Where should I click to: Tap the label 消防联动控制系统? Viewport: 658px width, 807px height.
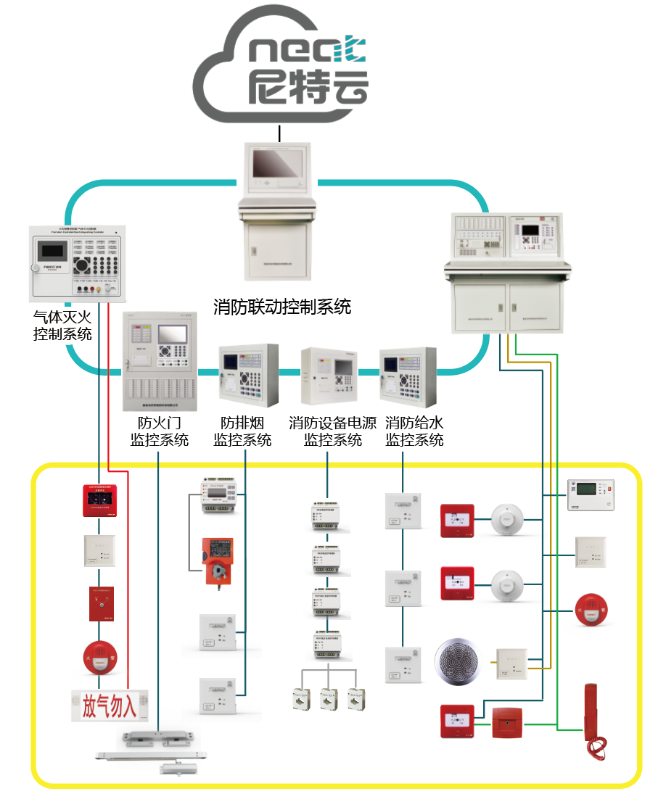click(282, 307)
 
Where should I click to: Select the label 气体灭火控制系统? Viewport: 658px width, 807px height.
click(63, 326)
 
